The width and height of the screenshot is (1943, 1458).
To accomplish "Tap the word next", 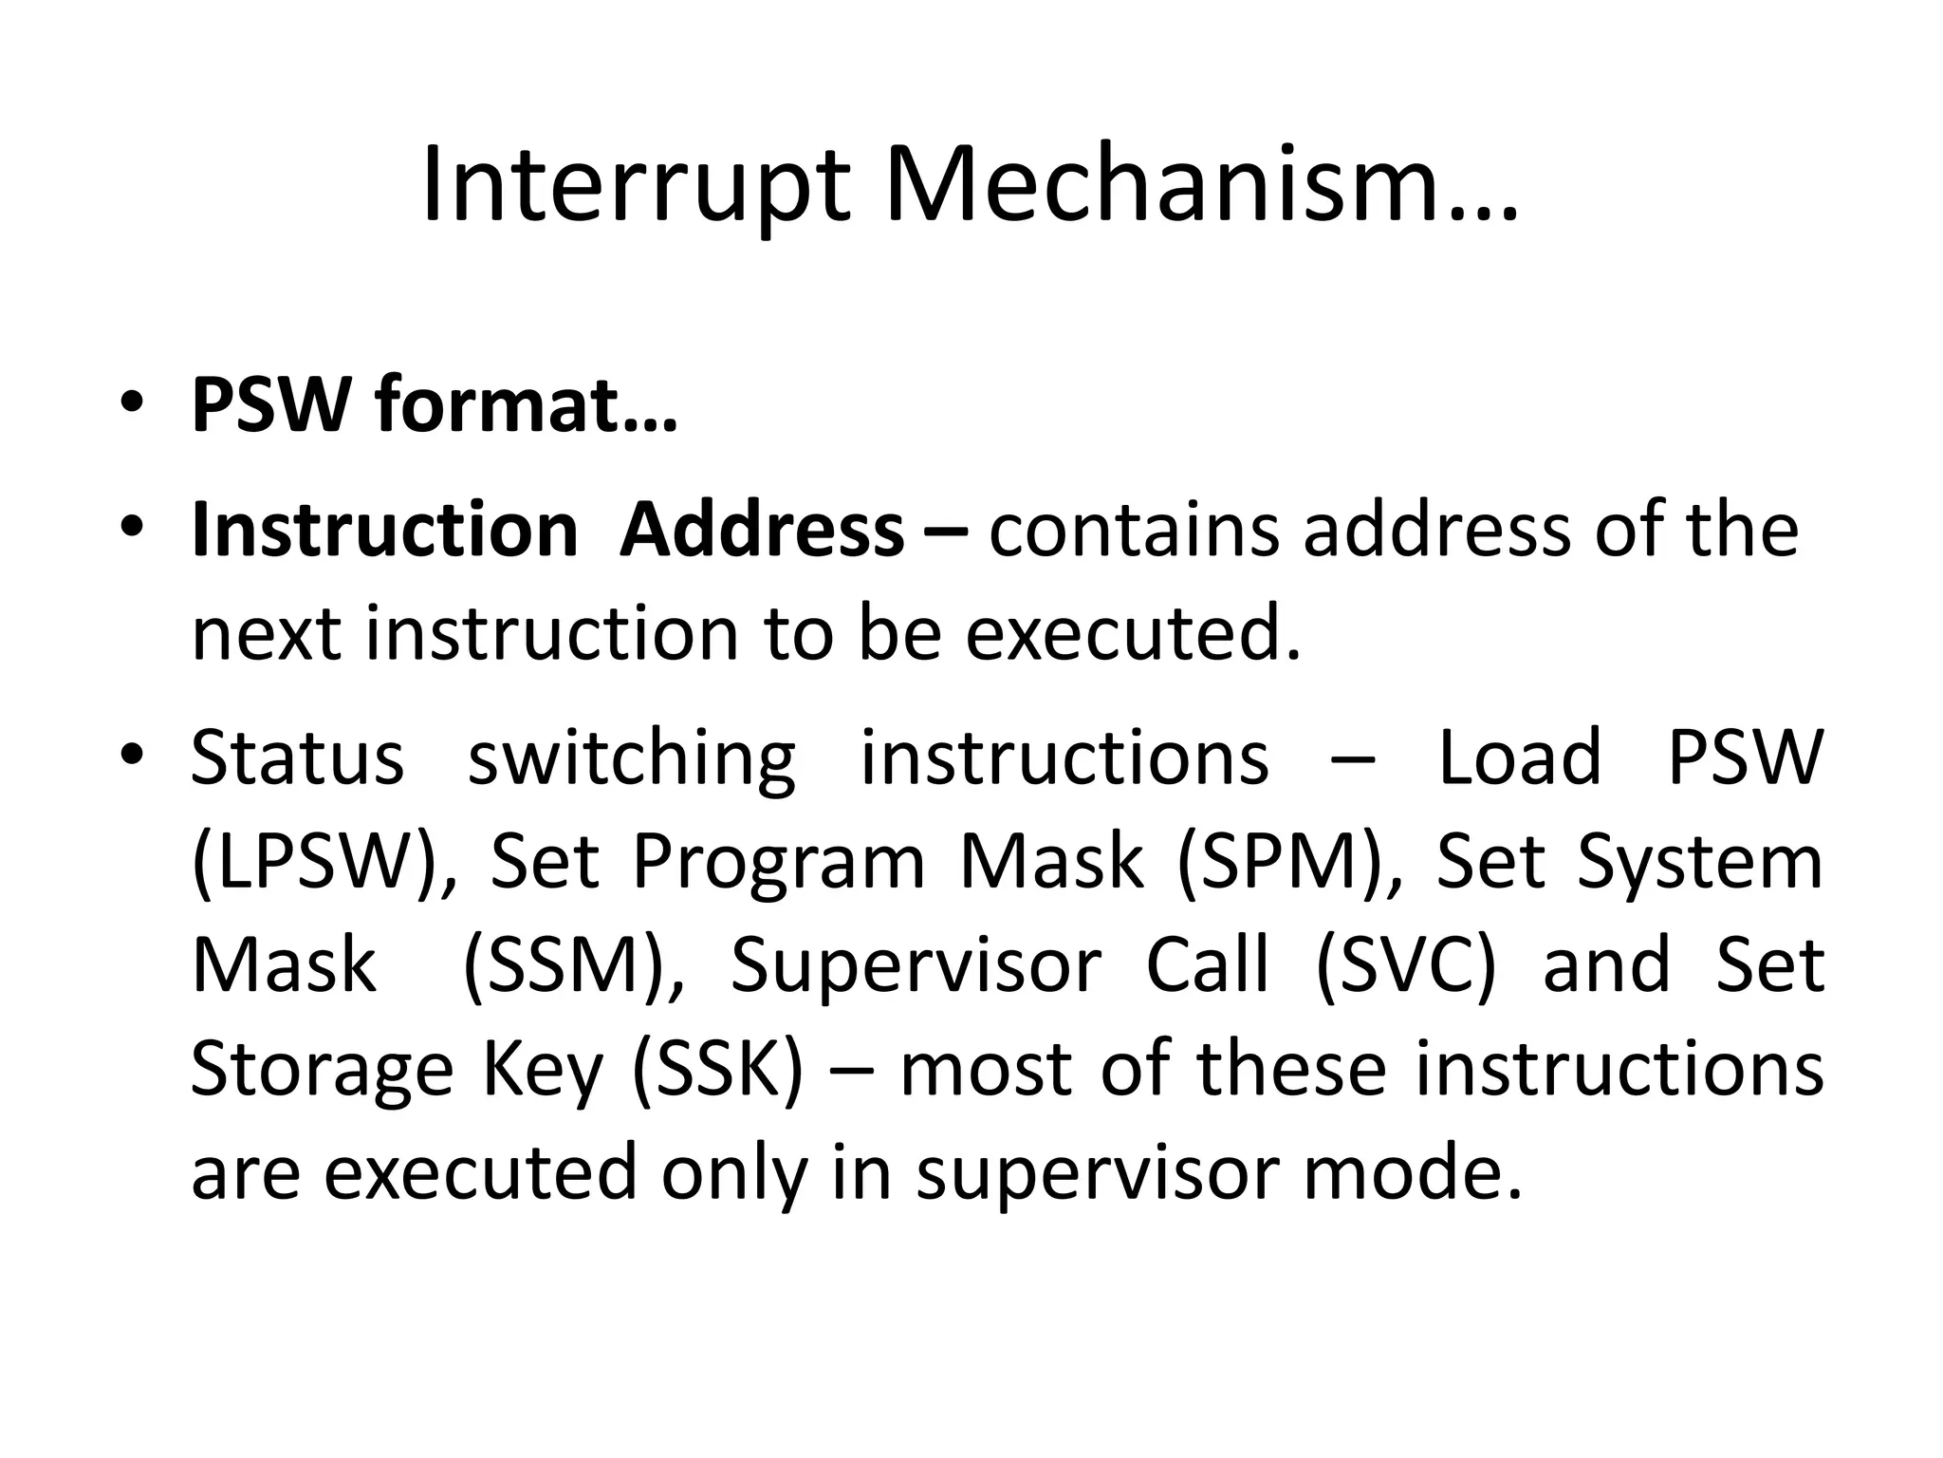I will tap(266, 633).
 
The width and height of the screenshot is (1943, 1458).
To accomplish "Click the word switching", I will tap(632, 759).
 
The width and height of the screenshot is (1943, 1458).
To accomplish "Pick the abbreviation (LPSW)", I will tap(317, 862).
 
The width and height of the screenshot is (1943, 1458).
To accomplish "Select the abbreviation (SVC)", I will tap(1405, 965).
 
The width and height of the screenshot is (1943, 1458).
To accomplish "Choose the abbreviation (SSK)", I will tap(717, 1070).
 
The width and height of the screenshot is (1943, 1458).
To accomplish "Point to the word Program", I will tap(778, 864).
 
